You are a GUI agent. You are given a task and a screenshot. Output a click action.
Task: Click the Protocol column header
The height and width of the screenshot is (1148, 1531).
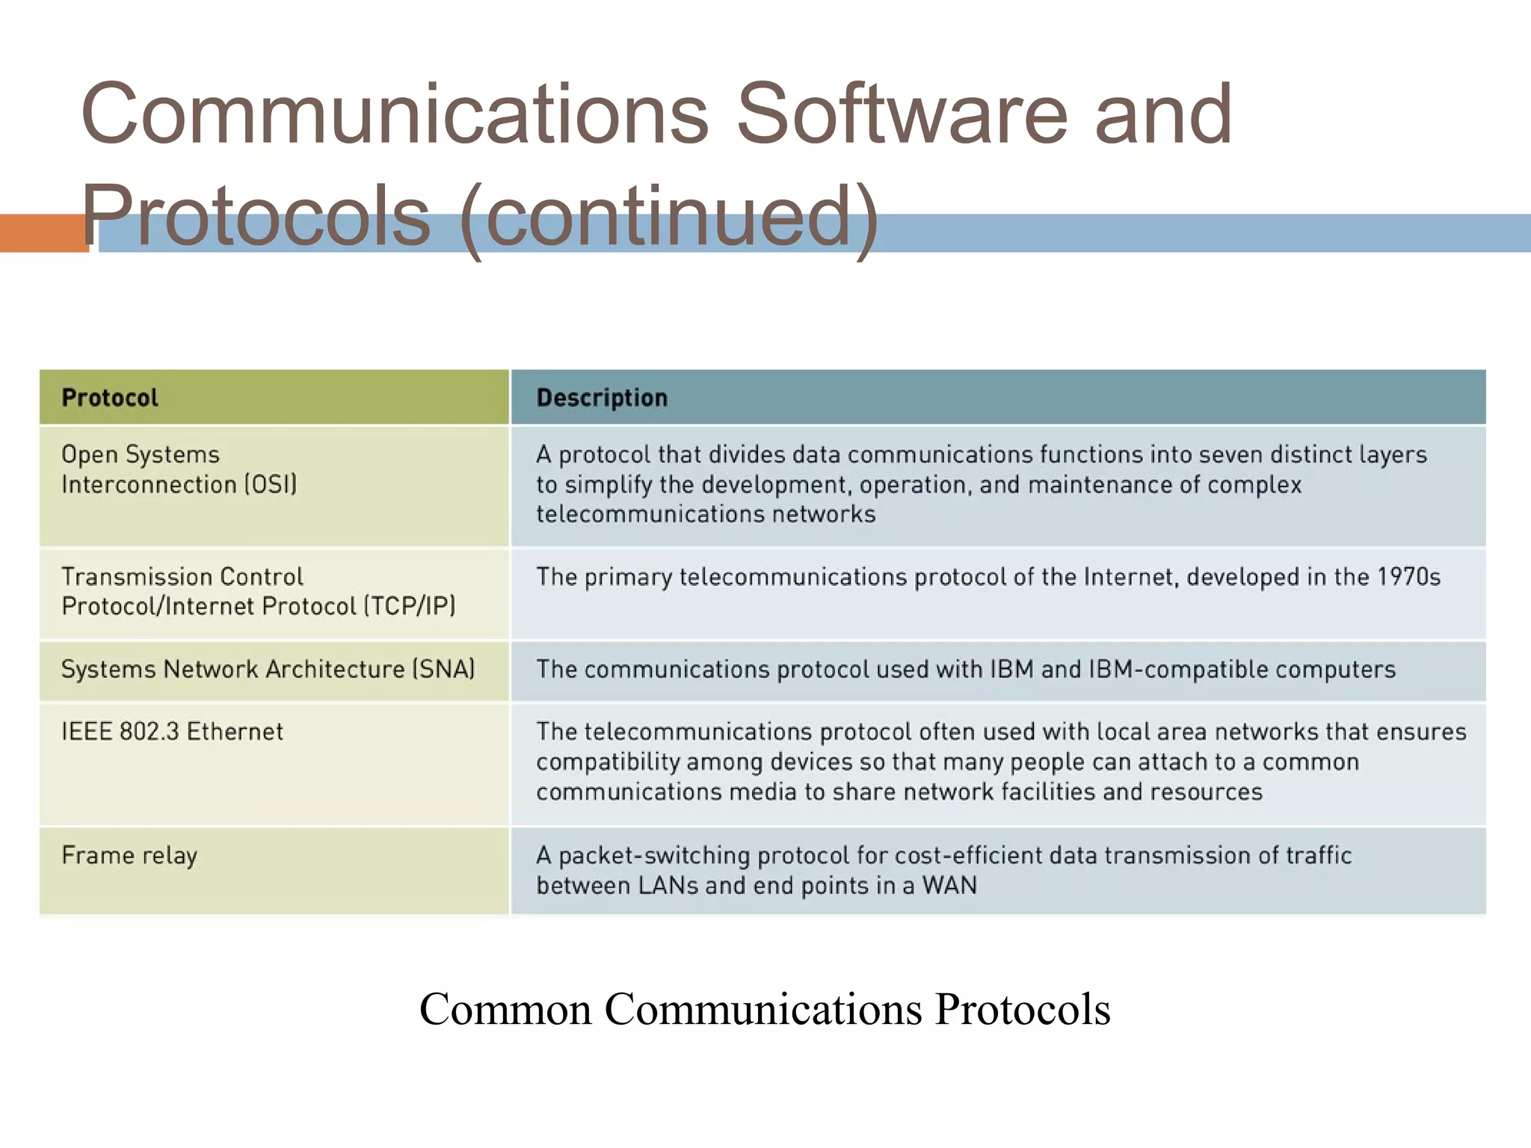(110, 398)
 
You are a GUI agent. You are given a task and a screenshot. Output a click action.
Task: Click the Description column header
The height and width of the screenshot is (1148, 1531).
(602, 398)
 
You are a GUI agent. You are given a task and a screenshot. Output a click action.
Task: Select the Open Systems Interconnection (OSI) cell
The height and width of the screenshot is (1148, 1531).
(179, 469)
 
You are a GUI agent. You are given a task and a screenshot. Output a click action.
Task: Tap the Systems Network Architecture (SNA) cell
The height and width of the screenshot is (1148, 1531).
(268, 669)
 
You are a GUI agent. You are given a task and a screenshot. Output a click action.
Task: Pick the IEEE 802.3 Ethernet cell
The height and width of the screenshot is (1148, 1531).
(172, 732)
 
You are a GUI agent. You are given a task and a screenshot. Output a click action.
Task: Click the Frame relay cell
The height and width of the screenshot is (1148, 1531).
(129, 855)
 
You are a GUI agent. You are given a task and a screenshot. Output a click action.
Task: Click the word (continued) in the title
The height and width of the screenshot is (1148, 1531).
(669, 217)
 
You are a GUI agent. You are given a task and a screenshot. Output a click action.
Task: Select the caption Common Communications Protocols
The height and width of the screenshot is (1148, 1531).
(765, 1009)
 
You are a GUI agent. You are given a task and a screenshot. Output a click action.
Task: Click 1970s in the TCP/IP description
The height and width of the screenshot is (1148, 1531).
(1408, 577)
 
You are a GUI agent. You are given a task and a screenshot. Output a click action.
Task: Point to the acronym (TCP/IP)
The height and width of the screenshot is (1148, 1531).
(410, 606)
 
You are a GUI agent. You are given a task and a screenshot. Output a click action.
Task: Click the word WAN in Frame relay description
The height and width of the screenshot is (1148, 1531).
(949, 886)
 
